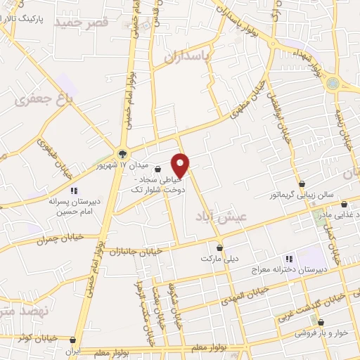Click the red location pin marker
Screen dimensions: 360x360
(181, 165)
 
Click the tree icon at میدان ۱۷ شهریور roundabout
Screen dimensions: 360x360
(123, 154)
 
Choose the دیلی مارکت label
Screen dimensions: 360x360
(216, 259)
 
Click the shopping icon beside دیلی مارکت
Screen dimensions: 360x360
(220, 247)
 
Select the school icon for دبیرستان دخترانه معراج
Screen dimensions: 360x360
(287, 259)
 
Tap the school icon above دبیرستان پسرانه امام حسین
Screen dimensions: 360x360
(73, 191)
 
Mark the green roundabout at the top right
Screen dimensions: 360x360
(333, 84)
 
